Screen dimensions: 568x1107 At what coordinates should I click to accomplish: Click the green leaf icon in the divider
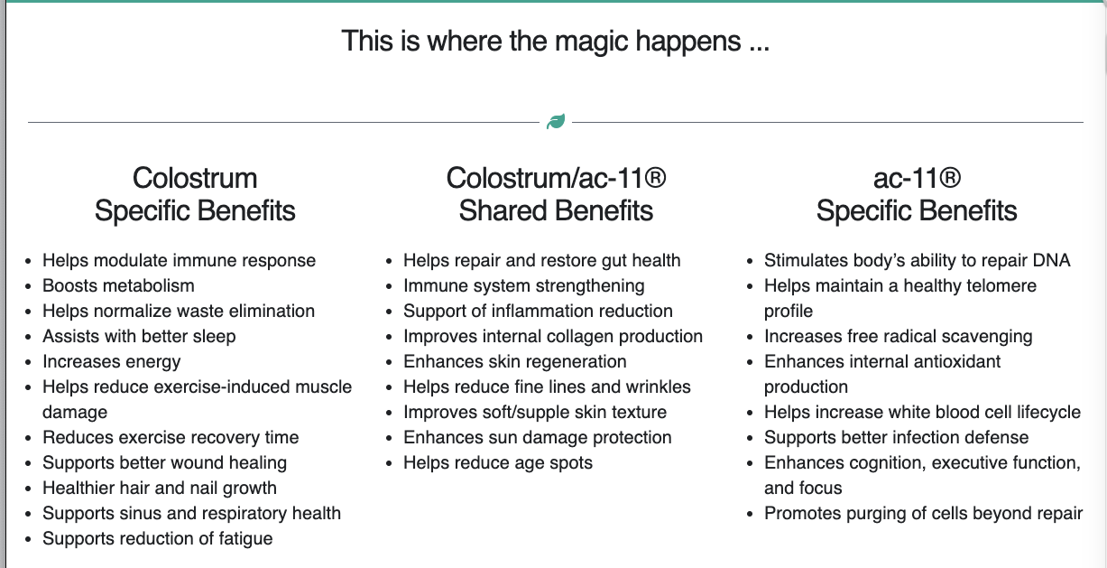(556, 121)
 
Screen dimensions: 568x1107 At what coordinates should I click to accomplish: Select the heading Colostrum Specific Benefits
(195, 194)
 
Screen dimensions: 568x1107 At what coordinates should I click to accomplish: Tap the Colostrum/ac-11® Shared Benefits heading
(556, 194)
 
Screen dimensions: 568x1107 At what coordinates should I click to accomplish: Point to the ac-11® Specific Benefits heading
(917, 194)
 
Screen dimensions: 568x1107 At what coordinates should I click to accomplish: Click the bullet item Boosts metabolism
(118, 285)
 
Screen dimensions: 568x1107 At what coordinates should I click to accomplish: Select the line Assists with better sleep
(139, 336)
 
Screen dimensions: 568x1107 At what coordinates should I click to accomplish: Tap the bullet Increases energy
(112, 361)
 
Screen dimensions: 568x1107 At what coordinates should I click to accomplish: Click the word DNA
(1051, 260)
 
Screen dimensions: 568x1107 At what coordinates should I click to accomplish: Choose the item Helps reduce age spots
(498, 462)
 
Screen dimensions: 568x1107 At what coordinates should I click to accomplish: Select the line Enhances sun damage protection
(537, 437)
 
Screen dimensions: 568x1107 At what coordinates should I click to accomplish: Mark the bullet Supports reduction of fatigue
(157, 538)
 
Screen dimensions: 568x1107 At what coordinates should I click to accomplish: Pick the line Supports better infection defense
(896, 437)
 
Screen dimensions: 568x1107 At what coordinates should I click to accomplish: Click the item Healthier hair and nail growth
(160, 488)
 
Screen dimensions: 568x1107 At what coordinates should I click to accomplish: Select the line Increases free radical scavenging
(898, 336)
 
